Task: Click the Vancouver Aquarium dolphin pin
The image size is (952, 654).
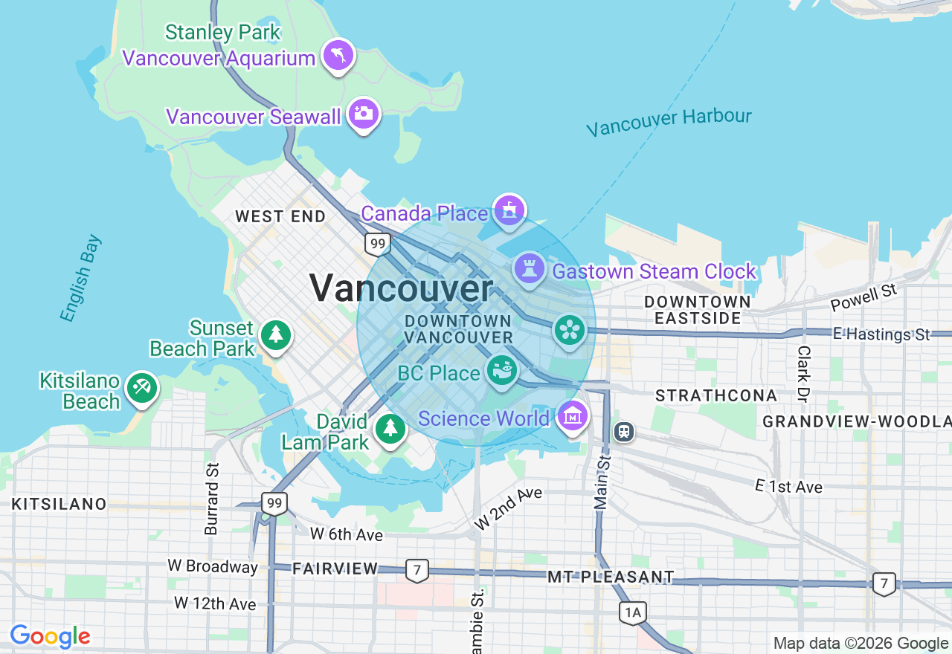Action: [338, 55]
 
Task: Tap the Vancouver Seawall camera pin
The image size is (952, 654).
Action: [364, 114]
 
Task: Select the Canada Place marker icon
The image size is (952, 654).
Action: [509, 210]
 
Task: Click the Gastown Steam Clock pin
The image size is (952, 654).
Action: [530, 269]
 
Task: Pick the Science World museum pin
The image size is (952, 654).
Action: [572, 416]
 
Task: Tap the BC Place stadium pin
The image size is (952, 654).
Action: [503, 370]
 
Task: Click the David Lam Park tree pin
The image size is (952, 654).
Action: [390, 429]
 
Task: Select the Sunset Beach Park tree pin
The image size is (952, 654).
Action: [276, 334]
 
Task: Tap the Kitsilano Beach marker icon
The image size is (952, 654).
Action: [141, 387]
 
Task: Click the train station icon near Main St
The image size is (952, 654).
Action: [624, 431]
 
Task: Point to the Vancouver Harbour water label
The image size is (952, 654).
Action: [669, 122]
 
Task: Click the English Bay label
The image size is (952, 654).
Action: [81, 279]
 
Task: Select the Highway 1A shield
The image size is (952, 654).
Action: [632, 612]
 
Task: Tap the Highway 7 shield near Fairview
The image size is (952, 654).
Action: [417, 571]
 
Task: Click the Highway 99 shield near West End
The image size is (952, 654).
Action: [378, 243]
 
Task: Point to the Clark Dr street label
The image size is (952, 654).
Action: [803, 373]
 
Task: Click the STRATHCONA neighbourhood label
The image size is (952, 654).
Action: [715, 395]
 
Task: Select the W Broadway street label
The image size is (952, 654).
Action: [213, 566]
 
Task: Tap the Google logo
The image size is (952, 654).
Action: [50, 636]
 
